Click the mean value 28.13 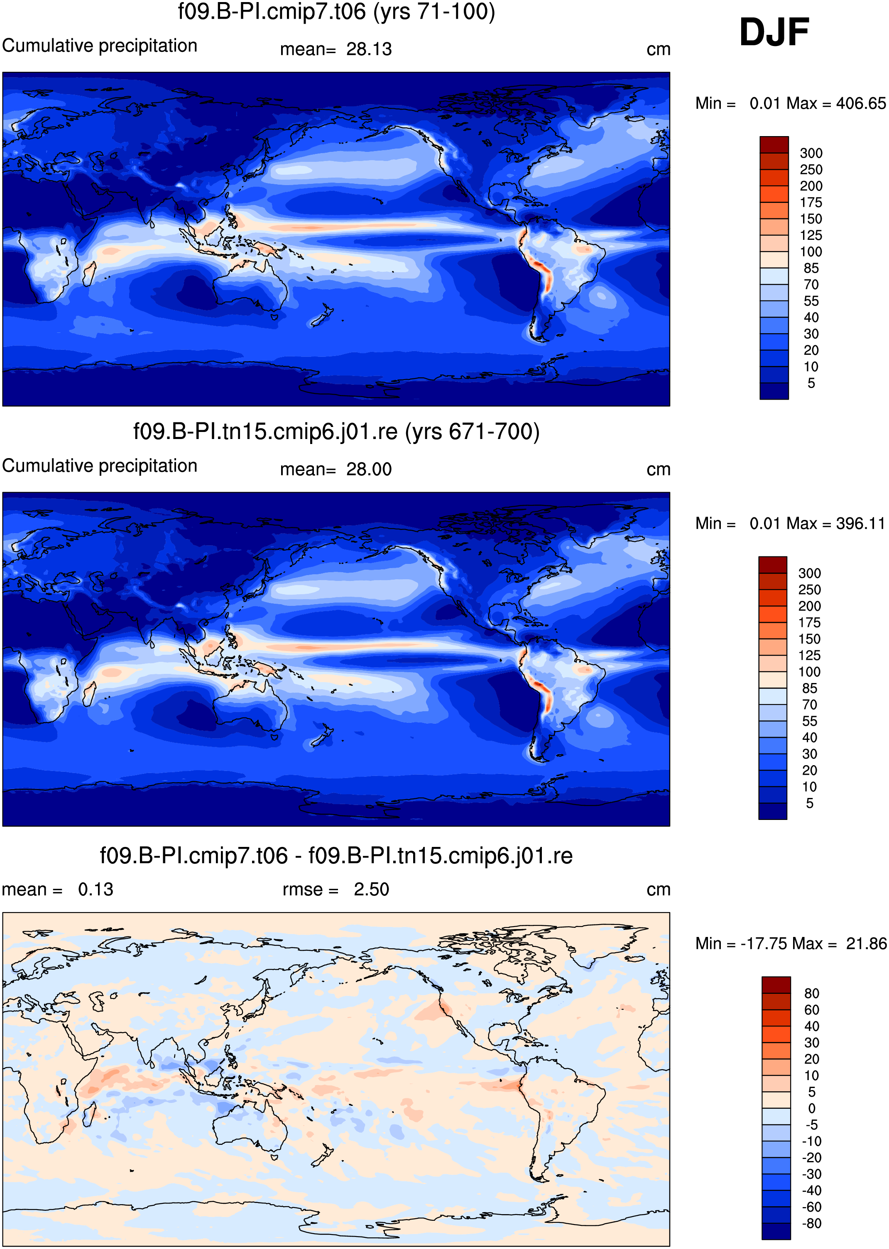coord(369,49)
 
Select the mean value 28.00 coord(369,469)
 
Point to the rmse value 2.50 coord(371,890)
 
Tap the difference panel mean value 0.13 coord(96,890)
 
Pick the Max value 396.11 coord(860,524)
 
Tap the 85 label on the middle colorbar coord(810,688)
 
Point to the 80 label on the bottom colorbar coord(812,993)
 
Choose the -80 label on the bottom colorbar coord(812,1223)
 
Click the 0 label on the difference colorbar coord(812,1108)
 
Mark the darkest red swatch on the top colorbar coord(774,145)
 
